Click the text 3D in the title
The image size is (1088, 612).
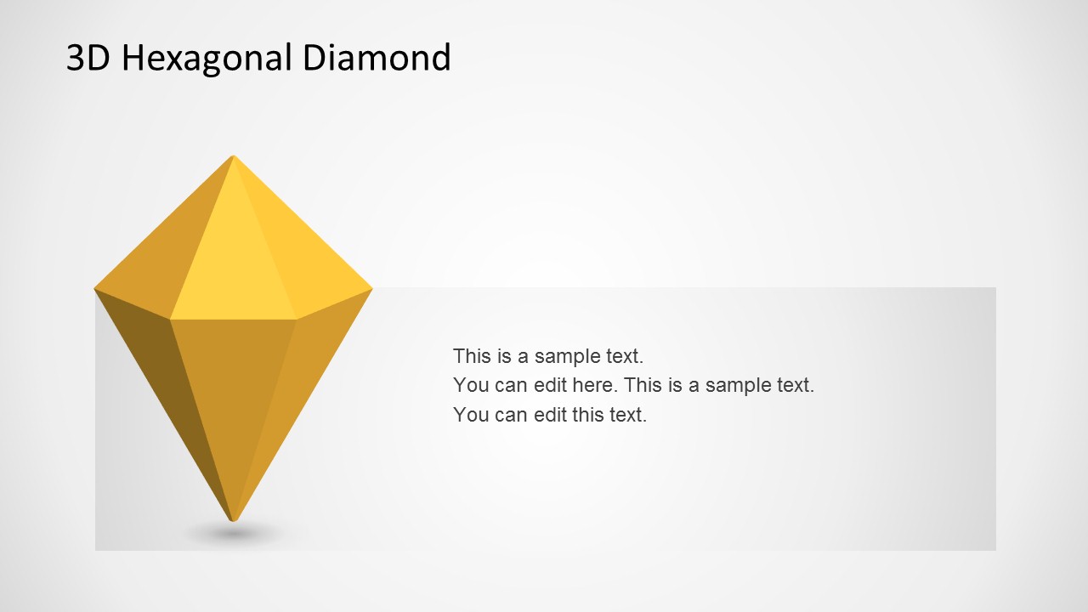[88, 58]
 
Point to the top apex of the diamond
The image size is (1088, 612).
[233, 157]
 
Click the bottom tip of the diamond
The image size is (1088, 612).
[233, 518]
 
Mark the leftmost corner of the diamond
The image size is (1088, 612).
[96, 289]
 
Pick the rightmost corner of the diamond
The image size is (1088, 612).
[371, 289]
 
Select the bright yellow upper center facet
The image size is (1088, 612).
[234, 272]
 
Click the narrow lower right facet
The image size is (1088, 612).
[297, 382]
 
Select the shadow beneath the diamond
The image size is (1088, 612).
[234, 534]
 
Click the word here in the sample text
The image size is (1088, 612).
[592, 385]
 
